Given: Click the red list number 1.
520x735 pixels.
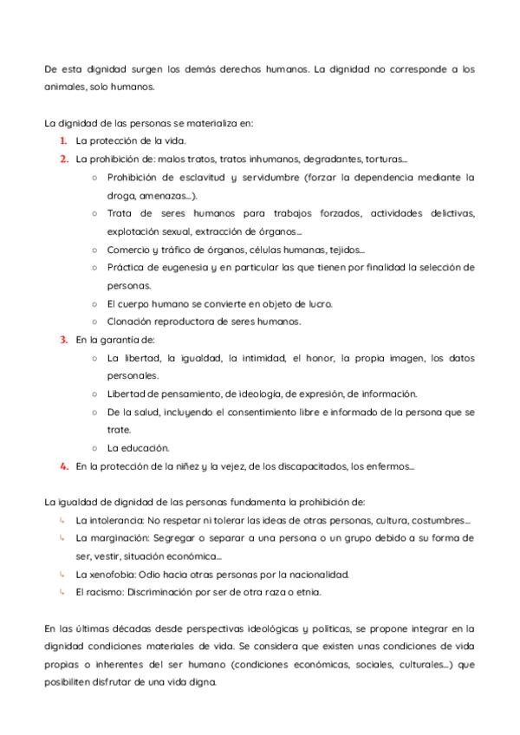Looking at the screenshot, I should pyautogui.click(x=63, y=140).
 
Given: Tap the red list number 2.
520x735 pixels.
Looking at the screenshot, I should pyautogui.click(x=63, y=159).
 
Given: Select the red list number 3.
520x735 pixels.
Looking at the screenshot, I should pyautogui.click(x=63, y=339).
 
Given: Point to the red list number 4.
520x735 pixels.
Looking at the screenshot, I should pyautogui.click(x=63, y=466).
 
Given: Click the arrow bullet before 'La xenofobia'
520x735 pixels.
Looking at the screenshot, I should pyautogui.click(x=63, y=574).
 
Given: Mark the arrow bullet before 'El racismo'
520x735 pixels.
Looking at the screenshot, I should pyautogui.click(x=63, y=592).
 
